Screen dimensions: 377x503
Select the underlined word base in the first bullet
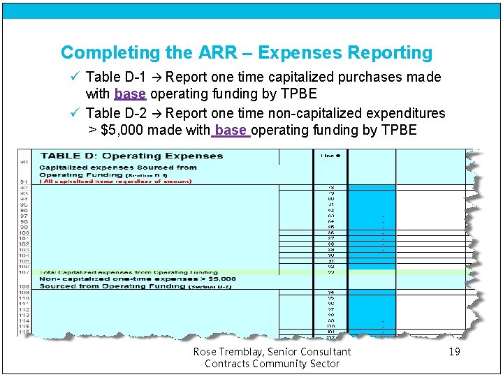coord(130,94)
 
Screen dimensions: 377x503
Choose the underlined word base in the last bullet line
coord(231,131)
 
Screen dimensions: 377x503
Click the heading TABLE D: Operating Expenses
coord(131,156)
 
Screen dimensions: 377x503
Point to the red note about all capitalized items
coord(115,182)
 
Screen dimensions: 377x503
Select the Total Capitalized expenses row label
coord(129,272)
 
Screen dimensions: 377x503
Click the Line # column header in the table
coord(330,156)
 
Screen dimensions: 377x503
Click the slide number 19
coord(454,352)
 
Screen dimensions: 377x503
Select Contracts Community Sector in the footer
coord(272,364)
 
